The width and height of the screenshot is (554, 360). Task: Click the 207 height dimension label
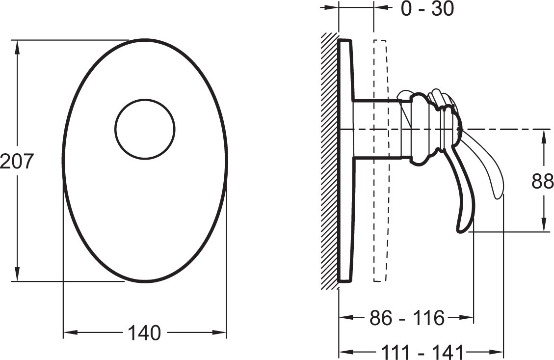17,161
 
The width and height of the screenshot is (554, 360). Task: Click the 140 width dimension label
144,333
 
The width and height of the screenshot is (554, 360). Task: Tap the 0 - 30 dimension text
427,8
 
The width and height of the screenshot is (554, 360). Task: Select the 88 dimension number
542,181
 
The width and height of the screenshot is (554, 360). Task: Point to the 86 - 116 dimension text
407,318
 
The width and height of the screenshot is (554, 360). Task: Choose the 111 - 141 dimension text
422,352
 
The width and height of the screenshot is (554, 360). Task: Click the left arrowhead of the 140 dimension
70,333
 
